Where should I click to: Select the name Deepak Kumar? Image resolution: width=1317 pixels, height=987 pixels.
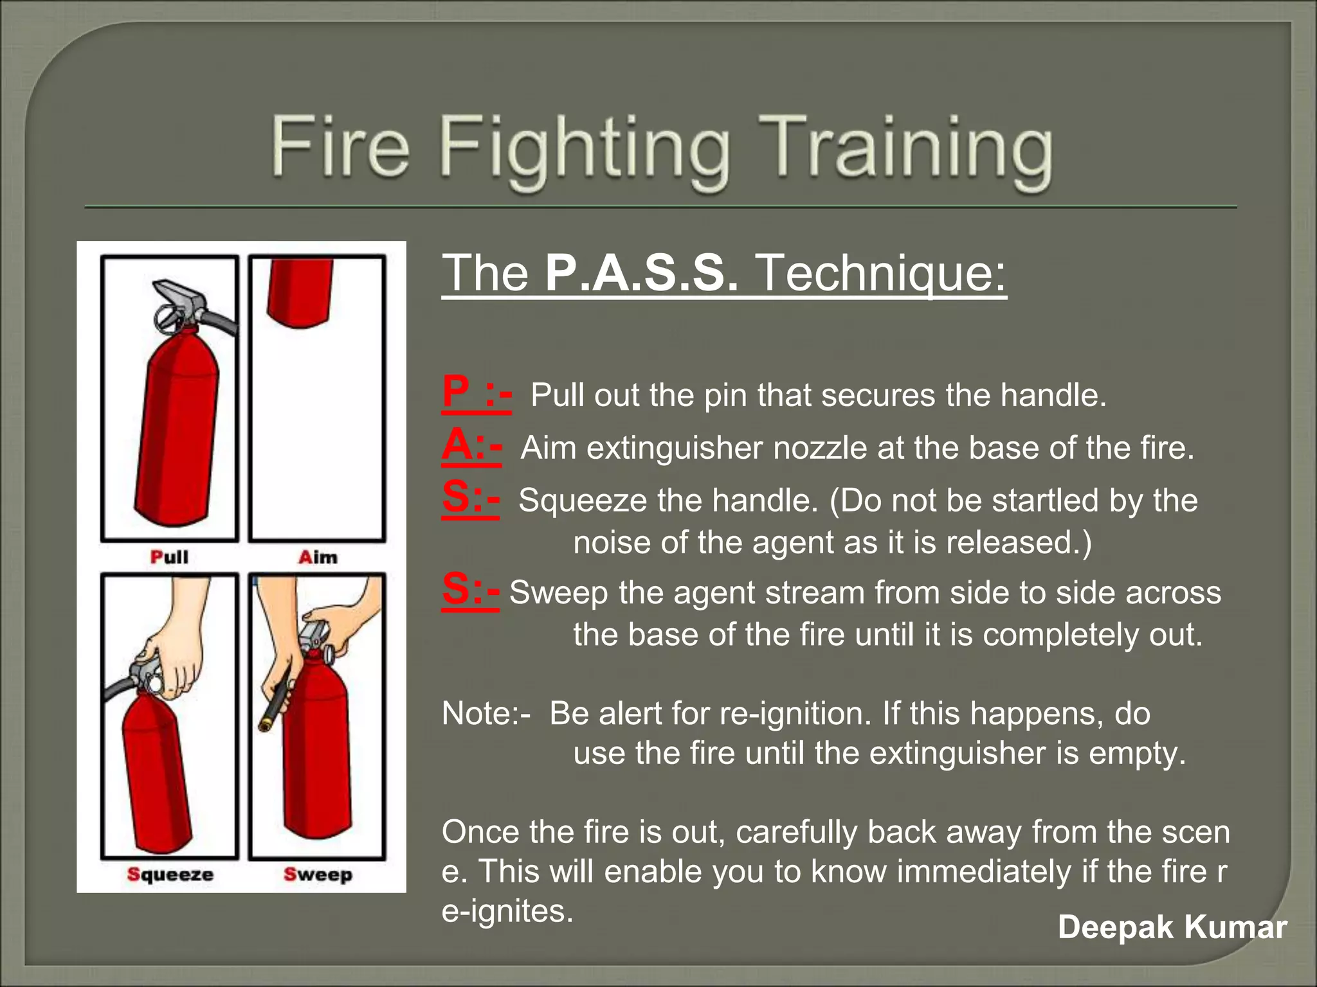1172,927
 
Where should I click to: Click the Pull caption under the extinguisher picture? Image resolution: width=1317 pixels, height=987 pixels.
169,556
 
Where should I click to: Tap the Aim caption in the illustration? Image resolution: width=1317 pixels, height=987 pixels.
318,557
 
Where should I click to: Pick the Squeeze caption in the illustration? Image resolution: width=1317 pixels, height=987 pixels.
170,875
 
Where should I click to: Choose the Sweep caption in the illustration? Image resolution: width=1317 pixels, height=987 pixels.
318,875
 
